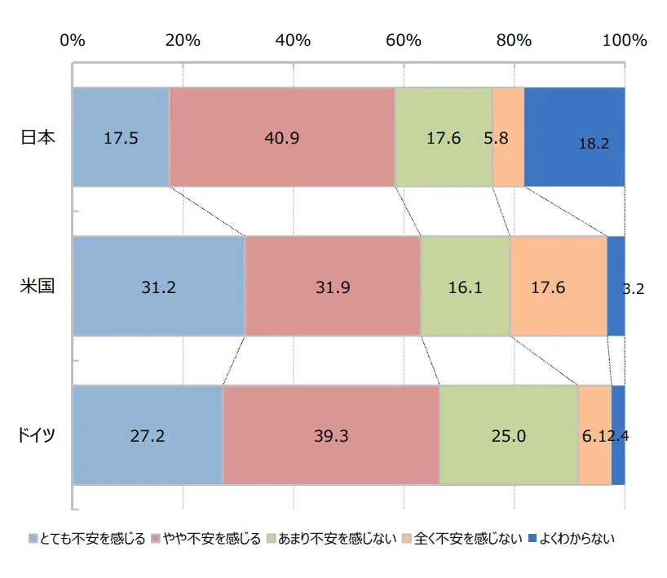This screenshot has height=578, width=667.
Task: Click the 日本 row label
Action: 37,138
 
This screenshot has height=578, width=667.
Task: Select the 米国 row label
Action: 37,287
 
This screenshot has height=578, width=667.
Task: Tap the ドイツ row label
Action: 37,435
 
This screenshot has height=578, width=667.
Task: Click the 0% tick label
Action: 73,40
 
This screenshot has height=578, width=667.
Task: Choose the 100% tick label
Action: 625,40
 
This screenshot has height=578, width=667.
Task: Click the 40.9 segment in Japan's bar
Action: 282,138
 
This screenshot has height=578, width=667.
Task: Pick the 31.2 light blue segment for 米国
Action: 159,287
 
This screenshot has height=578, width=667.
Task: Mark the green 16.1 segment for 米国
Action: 466,287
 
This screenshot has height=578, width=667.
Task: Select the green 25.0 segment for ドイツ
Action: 509,435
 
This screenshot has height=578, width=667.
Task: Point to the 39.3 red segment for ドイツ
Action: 331,435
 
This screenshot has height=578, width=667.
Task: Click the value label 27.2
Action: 148,436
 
